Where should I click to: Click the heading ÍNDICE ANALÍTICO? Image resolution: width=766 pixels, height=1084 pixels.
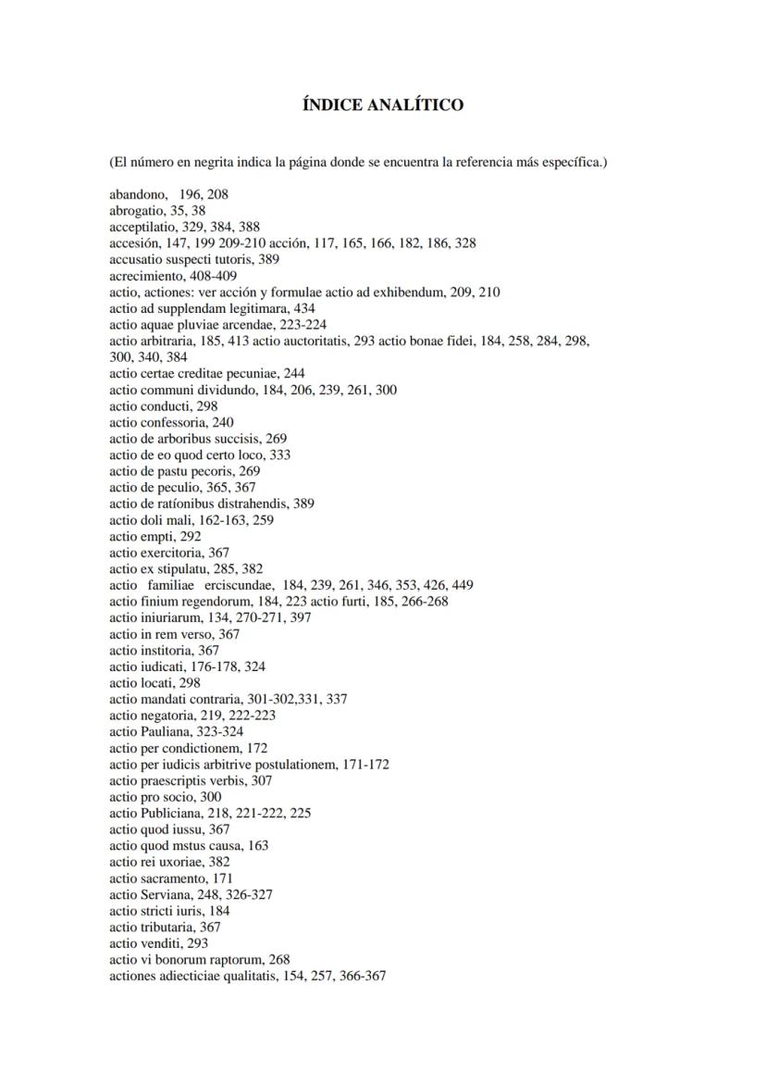[383, 106]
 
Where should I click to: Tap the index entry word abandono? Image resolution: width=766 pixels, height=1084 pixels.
[137, 194]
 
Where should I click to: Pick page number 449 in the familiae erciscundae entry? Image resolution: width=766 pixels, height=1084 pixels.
[463, 585]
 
